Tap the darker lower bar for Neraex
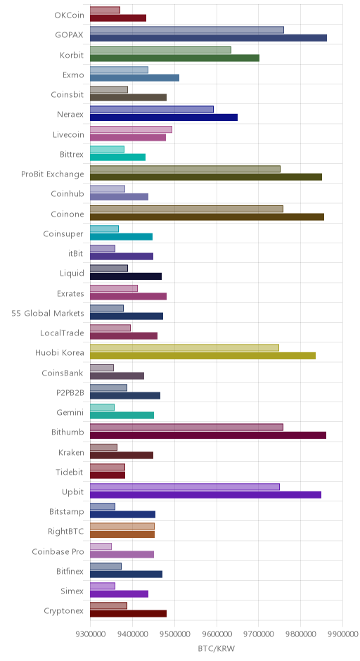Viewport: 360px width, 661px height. point(164,117)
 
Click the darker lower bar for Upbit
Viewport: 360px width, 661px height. point(206,495)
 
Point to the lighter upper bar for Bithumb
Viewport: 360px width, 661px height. point(187,428)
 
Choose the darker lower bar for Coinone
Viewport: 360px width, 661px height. point(207,217)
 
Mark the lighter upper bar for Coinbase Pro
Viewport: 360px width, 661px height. point(101,547)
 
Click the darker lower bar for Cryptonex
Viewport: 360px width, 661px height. point(128,614)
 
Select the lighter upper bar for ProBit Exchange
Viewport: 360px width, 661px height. point(185,169)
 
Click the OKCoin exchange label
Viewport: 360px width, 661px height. point(69,15)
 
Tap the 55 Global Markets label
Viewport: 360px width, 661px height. point(48,313)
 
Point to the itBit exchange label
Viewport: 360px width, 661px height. point(75,253)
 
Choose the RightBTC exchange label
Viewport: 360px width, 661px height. point(66,531)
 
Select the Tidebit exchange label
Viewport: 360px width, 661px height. point(70,472)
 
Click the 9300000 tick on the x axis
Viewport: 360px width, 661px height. point(90,634)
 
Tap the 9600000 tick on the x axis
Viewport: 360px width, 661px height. point(217,634)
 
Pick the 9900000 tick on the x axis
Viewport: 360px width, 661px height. point(342,634)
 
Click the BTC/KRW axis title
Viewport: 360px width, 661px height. point(217,648)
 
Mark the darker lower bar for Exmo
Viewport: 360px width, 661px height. point(134,78)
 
